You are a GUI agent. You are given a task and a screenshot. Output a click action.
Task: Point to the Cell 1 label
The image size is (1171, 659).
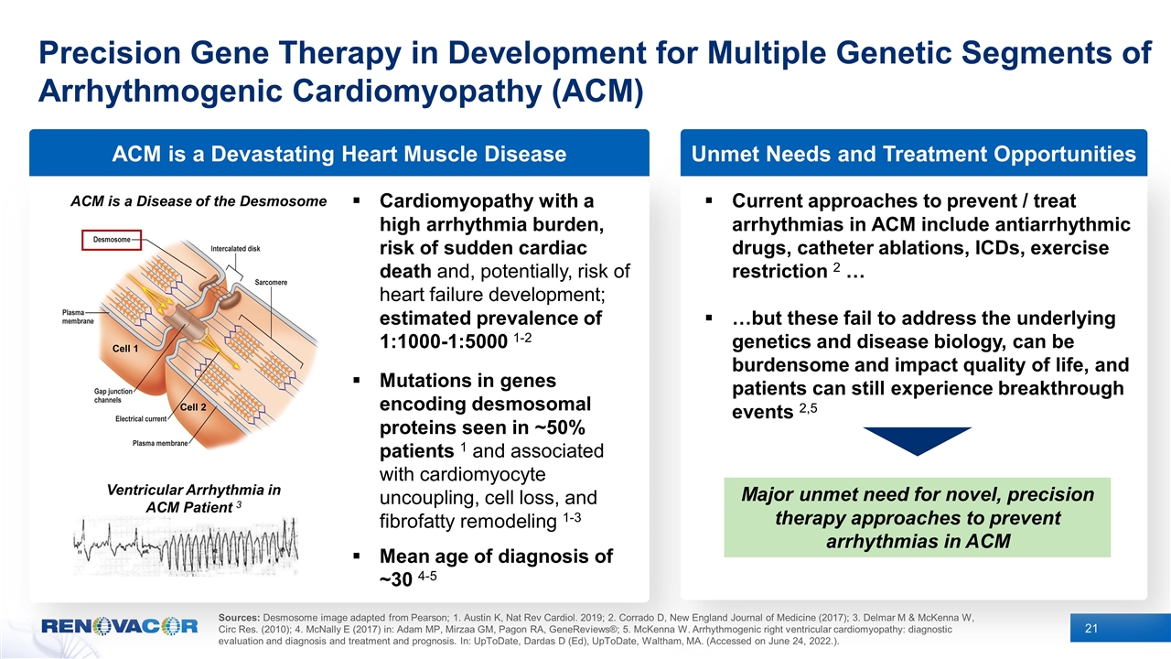124,349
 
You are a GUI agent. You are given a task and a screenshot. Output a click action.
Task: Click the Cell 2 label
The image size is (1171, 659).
192,406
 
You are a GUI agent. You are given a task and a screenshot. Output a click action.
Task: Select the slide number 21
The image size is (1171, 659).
1090,627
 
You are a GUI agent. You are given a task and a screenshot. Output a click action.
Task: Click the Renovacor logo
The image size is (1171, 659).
120,627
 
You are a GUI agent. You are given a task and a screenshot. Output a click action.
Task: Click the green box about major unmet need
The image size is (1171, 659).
917,517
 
